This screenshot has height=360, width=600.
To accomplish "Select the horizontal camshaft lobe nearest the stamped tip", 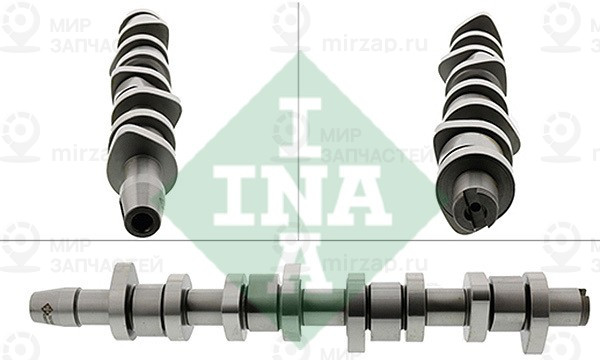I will coord(123,300).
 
